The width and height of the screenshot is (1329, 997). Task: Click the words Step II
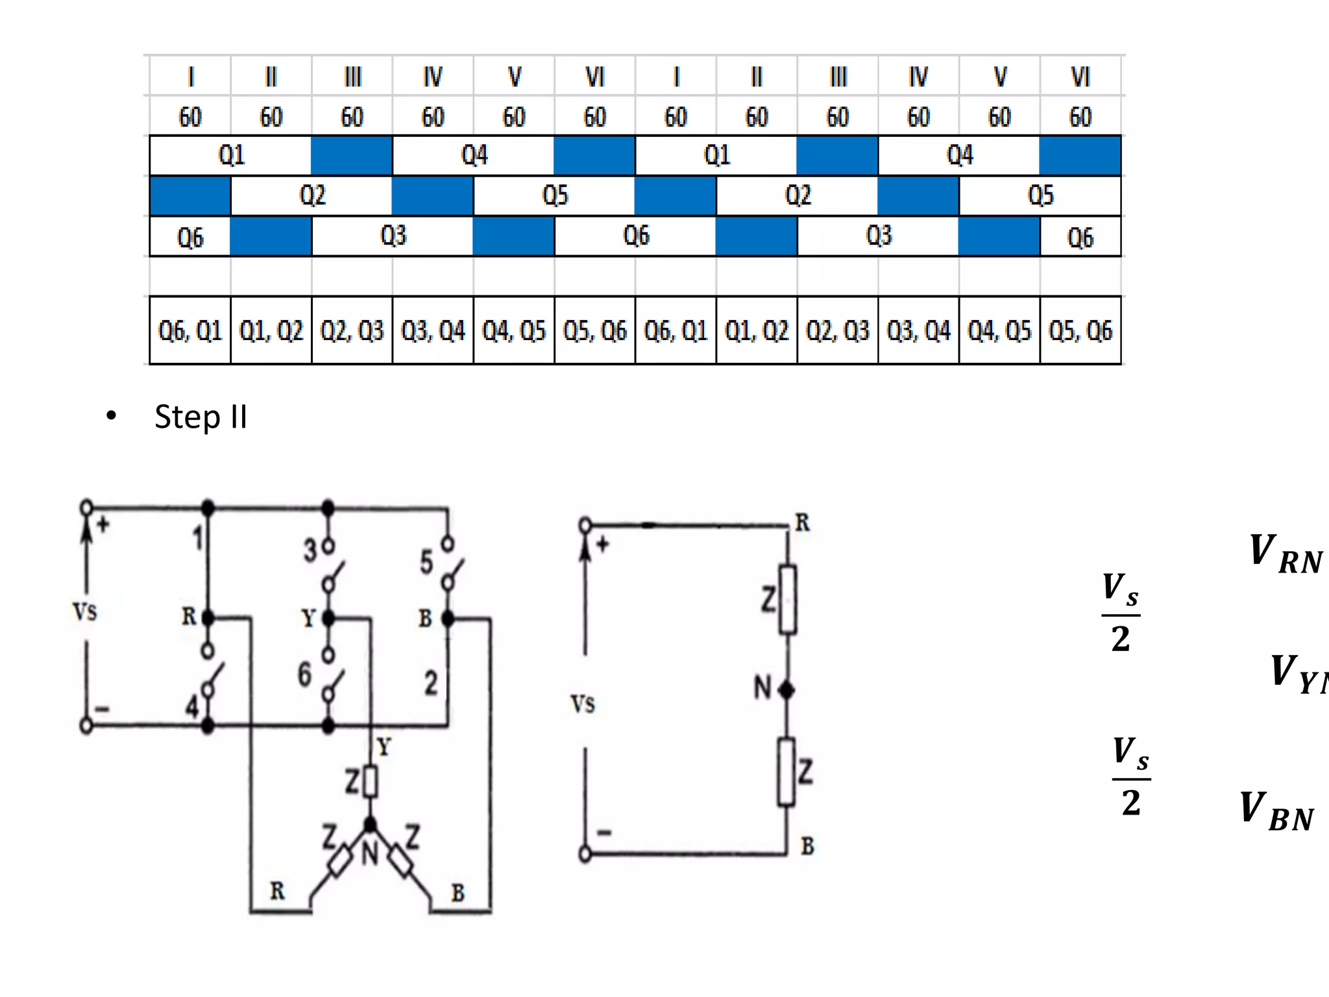(x=201, y=417)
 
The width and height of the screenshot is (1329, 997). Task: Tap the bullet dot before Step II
(x=111, y=415)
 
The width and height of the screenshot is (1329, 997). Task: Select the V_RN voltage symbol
(x=1285, y=554)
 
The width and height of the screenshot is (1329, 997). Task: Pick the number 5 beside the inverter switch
(x=426, y=562)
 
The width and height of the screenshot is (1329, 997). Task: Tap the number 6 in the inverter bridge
(x=304, y=674)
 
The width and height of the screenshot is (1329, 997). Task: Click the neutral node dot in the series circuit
(x=786, y=691)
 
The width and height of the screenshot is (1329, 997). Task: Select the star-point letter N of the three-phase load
(x=369, y=853)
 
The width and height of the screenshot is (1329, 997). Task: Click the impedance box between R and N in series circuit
(x=787, y=599)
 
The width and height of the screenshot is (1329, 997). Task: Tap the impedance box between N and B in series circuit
(x=786, y=772)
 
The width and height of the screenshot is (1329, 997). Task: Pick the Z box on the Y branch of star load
(x=370, y=782)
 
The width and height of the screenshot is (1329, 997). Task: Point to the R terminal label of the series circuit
(x=803, y=523)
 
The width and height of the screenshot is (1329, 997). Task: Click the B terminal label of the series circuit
(x=807, y=846)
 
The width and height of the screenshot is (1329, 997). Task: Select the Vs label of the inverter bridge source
(x=85, y=611)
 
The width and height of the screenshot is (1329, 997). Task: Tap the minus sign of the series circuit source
(x=604, y=832)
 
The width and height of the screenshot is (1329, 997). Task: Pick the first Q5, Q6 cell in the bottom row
(x=594, y=331)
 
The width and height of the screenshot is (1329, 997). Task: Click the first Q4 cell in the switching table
(x=474, y=156)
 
